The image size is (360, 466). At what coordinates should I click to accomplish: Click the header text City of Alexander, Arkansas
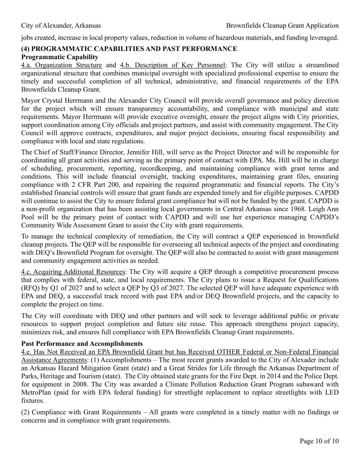(61, 25)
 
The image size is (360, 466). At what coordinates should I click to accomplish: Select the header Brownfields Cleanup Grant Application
(282, 25)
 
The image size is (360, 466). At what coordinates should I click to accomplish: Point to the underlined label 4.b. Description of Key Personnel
(175, 65)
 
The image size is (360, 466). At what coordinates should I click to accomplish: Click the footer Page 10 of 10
(319, 441)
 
